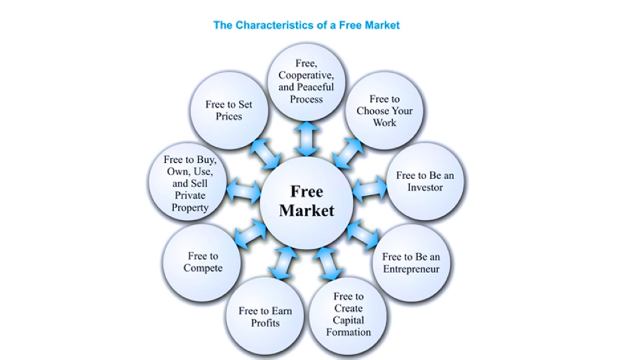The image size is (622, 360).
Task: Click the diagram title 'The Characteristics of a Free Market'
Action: click(306, 25)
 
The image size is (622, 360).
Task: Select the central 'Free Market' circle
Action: click(307, 200)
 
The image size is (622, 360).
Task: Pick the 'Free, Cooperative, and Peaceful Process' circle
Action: click(306, 81)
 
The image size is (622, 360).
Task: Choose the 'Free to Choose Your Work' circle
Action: click(384, 111)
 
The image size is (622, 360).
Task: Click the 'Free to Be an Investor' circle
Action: click(425, 181)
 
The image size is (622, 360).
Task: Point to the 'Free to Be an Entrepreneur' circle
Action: click(411, 262)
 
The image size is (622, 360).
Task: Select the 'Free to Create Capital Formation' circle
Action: click(348, 315)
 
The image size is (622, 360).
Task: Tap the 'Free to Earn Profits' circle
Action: click(265, 316)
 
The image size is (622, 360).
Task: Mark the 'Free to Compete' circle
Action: click(202, 262)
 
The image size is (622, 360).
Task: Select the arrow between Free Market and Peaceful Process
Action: click(306, 139)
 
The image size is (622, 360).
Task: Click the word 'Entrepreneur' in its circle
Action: click(411, 269)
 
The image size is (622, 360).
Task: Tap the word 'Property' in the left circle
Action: click(190, 208)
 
